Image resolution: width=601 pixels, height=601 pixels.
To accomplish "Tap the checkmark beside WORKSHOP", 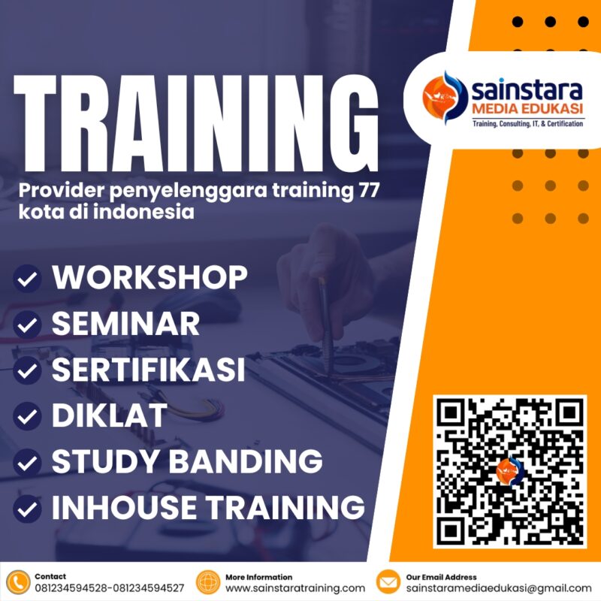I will click(28, 279).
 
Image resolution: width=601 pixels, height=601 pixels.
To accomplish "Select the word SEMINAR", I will click(125, 324).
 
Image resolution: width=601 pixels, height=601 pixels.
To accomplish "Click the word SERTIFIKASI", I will click(148, 370).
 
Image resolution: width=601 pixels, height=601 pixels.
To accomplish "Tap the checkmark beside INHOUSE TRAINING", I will click(28, 509).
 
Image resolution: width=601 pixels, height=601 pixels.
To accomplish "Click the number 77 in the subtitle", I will click(364, 192).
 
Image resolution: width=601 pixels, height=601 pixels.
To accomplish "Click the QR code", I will click(509, 472).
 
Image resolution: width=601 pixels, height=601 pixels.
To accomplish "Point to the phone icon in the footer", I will click(17, 582).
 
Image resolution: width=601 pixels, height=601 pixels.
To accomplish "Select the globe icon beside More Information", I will click(208, 582).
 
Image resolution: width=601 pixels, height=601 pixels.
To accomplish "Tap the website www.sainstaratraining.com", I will click(295, 587).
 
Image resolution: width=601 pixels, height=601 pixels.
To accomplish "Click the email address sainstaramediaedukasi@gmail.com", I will click(499, 587).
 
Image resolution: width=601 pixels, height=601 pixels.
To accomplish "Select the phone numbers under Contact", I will click(110, 587).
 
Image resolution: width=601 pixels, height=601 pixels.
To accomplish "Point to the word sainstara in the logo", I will click(527, 91).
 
